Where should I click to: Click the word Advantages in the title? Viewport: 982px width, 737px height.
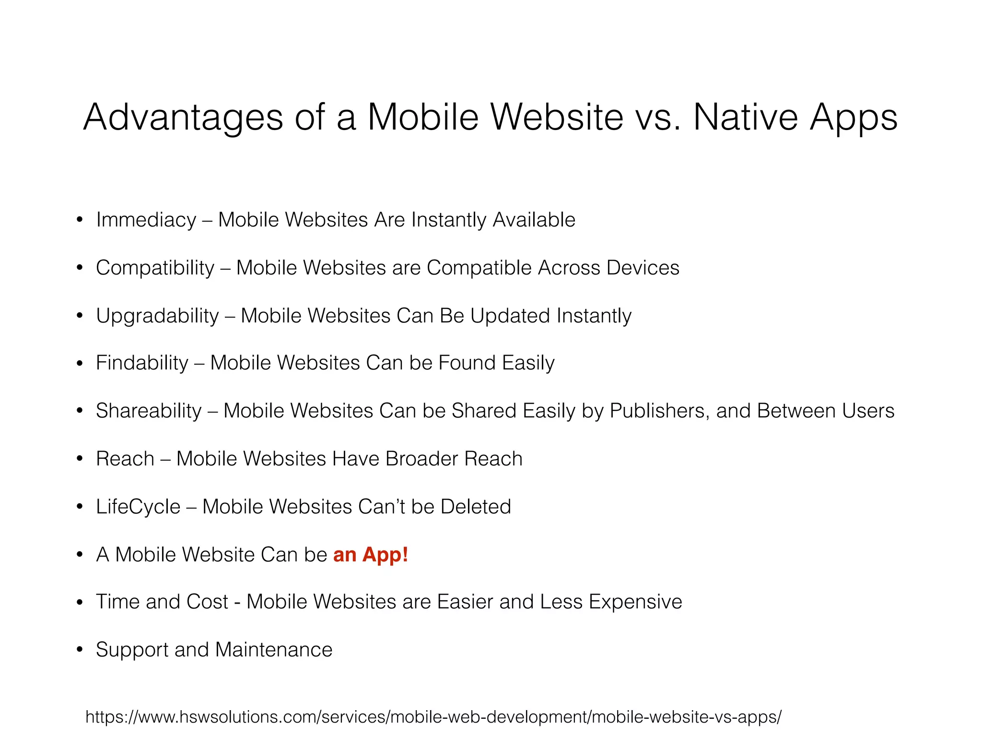click(183, 118)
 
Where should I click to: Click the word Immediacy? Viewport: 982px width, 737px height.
click(146, 220)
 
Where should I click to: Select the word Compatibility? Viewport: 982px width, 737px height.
click(155, 268)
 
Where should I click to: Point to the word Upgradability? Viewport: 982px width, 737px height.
click(157, 316)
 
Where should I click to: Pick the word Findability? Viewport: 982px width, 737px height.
click(142, 363)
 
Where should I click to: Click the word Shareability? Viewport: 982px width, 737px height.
click(149, 411)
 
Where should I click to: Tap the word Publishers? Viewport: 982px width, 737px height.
click(659, 411)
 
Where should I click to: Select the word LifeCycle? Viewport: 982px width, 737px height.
click(138, 507)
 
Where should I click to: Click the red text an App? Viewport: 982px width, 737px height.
click(371, 555)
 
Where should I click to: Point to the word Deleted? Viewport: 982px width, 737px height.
click(476, 507)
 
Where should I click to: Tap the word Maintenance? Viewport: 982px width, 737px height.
click(274, 650)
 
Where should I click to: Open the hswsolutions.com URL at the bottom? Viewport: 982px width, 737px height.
click(433, 717)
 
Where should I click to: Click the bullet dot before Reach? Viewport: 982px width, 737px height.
click(80, 459)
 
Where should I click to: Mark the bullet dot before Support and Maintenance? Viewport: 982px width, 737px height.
click(80, 650)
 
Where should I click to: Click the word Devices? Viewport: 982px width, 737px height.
click(643, 268)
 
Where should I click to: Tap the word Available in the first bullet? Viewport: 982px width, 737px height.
click(534, 220)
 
